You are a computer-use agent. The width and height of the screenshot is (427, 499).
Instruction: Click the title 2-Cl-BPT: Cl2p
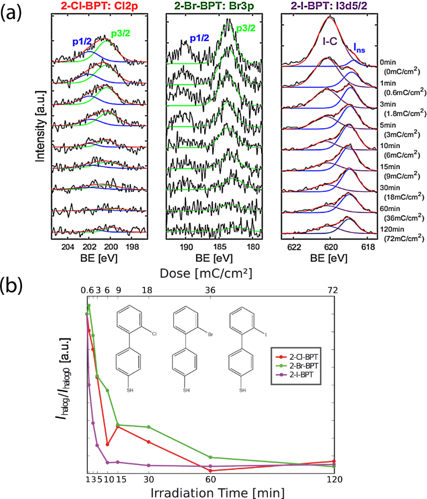click(101, 6)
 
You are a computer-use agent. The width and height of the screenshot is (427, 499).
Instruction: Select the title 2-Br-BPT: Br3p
click(214, 6)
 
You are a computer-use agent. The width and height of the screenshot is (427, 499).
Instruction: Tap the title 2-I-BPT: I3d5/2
click(330, 6)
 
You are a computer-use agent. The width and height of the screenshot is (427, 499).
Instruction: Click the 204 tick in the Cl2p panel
click(68, 246)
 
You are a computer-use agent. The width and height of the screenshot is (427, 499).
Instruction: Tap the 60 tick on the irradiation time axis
click(210, 480)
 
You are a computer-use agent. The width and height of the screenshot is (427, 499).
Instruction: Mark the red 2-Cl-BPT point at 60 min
click(210, 471)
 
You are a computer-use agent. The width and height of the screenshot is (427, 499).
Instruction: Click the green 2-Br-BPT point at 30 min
click(148, 427)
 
